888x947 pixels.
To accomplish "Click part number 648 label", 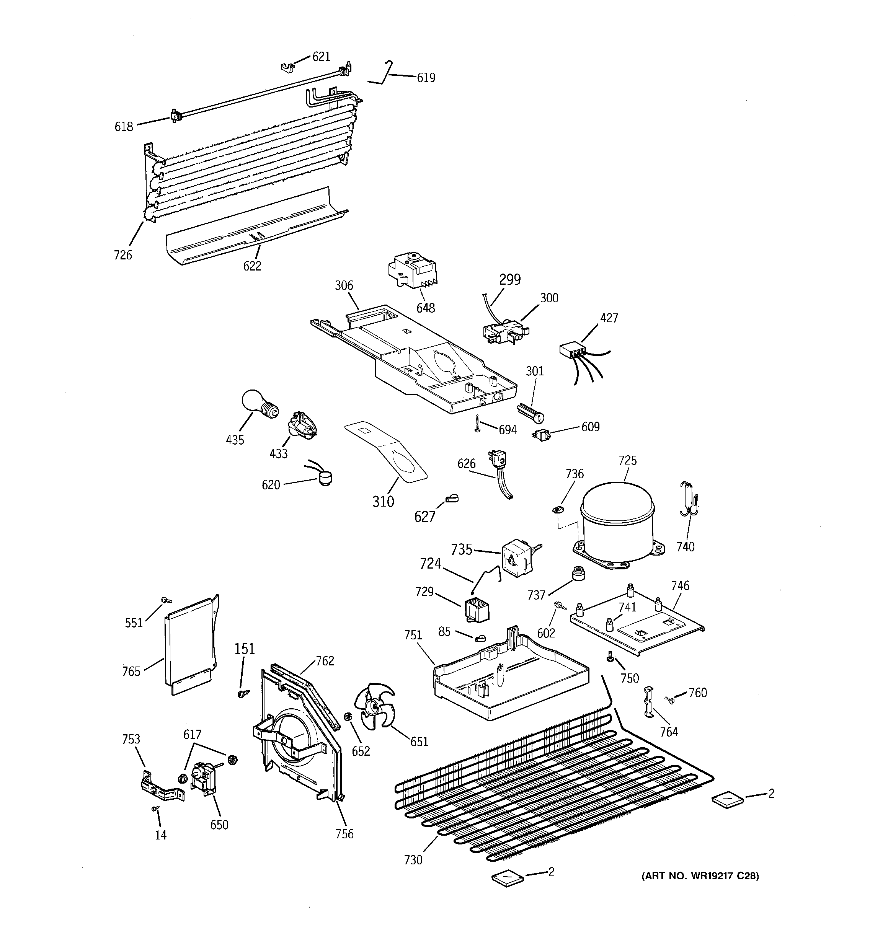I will [x=425, y=308].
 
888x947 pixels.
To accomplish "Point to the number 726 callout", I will [x=122, y=255].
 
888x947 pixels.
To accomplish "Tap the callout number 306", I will [x=344, y=285].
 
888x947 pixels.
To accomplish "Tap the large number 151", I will [x=244, y=649].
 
